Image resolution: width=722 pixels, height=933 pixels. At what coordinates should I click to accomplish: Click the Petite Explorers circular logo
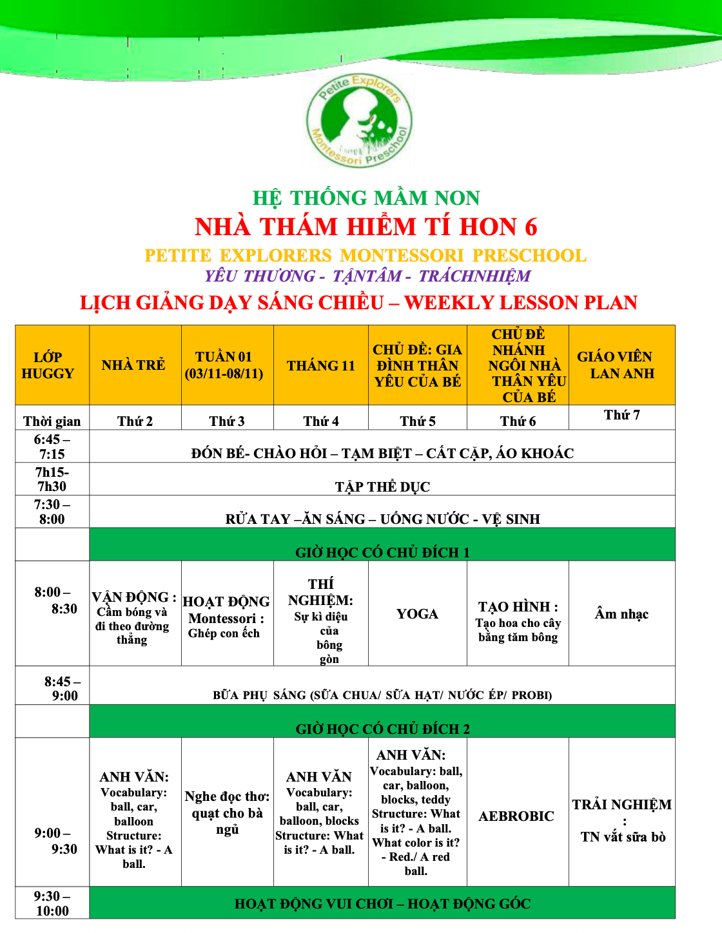pyautogui.click(x=360, y=120)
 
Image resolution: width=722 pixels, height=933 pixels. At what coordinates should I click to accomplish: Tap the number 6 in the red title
pyautogui.click(x=531, y=227)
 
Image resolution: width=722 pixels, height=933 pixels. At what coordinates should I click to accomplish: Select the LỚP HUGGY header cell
pyautogui.click(x=48, y=365)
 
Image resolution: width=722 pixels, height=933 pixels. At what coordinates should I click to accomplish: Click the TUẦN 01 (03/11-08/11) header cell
pyautogui.click(x=224, y=365)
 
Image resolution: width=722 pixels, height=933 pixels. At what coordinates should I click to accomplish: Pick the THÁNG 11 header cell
pyautogui.click(x=321, y=366)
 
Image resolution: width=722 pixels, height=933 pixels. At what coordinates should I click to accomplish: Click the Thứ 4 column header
pyautogui.click(x=321, y=421)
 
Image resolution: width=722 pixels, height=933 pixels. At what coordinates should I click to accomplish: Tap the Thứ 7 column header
pyautogui.click(x=622, y=415)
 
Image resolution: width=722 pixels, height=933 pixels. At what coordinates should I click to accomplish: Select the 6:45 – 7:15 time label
pyautogui.click(x=52, y=447)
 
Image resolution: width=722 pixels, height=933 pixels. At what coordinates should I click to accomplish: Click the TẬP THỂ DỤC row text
pyautogui.click(x=382, y=486)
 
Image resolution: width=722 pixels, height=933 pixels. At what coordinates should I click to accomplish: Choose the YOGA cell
pyautogui.click(x=417, y=614)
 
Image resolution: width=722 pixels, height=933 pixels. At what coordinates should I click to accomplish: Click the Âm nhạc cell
pyautogui.click(x=621, y=614)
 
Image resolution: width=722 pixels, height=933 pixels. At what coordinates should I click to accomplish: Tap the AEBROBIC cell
pyautogui.click(x=516, y=816)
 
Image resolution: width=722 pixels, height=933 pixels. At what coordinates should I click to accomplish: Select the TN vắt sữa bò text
pyautogui.click(x=623, y=837)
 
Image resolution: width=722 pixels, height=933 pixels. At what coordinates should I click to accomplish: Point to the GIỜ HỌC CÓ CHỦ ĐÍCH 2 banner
pyautogui.click(x=382, y=729)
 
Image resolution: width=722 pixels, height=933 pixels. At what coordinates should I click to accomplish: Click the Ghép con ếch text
pyautogui.click(x=224, y=633)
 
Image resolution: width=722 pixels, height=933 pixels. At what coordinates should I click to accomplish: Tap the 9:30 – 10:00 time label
pyautogui.click(x=52, y=903)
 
